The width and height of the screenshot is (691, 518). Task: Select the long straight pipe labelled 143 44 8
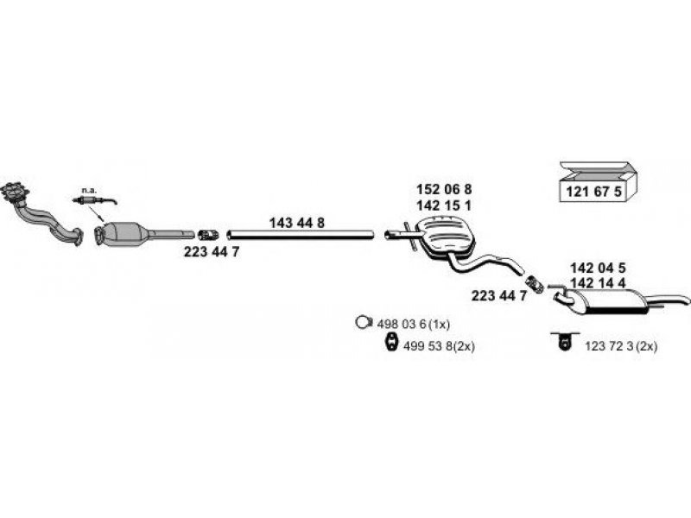[x=299, y=234]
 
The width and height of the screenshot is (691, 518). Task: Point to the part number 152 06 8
[x=444, y=189]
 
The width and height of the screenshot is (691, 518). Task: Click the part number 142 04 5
[x=599, y=268]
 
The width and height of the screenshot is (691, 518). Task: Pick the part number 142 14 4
[x=599, y=282]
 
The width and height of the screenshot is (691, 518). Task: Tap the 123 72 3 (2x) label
[x=621, y=345]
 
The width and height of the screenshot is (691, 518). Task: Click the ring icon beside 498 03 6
[x=364, y=323]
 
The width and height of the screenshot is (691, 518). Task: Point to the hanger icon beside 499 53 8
[x=390, y=345]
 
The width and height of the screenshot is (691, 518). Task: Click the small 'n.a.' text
[x=88, y=189]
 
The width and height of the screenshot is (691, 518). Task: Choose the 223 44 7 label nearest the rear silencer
[x=499, y=295]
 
